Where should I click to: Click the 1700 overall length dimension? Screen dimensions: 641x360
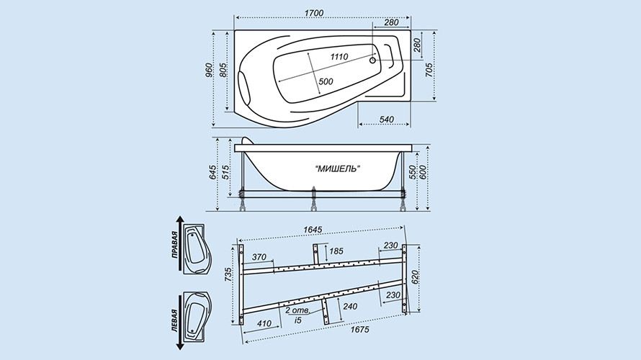(313, 13)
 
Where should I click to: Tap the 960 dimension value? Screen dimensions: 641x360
(209, 71)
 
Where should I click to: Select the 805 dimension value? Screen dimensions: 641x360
(223, 71)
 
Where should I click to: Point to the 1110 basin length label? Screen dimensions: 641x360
(339, 57)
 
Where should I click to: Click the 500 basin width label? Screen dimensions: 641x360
(326, 82)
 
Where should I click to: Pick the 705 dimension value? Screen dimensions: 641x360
(430, 71)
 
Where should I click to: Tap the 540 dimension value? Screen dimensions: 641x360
(386, 120)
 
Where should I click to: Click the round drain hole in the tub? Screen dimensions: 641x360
(372, 60)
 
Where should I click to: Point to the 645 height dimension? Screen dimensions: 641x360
(212, 173)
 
